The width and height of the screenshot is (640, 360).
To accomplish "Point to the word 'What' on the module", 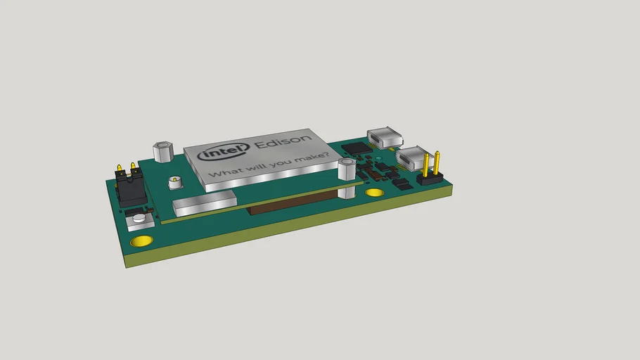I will click(229, 174).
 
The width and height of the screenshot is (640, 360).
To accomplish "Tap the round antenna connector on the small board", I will click(174, 184).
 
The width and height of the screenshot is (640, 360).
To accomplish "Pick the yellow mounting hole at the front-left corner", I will click(142, 241).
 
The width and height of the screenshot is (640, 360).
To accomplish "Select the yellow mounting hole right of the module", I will click(375, 191).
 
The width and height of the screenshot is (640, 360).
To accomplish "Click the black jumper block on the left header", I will click(131, 188).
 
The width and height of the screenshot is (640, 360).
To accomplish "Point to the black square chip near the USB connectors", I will click(358, 148).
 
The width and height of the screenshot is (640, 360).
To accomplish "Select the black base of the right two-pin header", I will click(430, 179).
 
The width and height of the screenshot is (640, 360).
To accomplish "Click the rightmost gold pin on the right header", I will click(437, 163).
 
